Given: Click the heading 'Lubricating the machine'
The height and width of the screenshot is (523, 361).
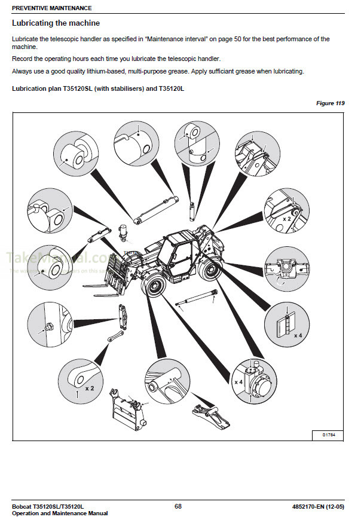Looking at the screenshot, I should (x=56, y=23).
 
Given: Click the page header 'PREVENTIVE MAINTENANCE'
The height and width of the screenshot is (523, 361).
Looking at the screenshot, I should (x=52, y=8).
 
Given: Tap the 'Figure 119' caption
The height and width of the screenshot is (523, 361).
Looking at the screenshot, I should (x=330, y=103).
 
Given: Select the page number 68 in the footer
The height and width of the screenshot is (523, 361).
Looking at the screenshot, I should (x=178, y=506).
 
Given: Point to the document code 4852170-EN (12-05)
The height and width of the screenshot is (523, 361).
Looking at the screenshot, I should (x=315, y=506).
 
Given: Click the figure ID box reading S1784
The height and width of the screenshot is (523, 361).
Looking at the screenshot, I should (x=328, y=435).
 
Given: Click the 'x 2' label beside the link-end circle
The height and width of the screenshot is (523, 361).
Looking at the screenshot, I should (x=90, y=388).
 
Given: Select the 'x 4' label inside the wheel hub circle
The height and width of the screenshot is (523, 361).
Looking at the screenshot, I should (x=238, y=381).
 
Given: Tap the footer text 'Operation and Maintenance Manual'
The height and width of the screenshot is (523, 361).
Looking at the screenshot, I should (x=60, y=513).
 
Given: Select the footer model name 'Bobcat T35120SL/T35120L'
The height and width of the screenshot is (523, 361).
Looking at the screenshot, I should (x=48, y=506).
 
